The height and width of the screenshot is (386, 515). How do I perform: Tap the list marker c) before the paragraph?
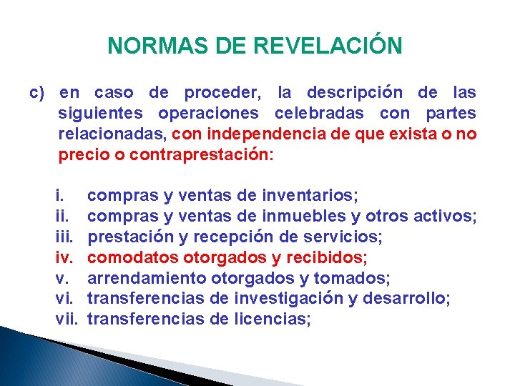click(x=37, y=93)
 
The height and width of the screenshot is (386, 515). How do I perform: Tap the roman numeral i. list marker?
click(x=60, y=194)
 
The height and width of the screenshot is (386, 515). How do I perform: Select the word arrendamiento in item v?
click(x=147, y=277)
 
